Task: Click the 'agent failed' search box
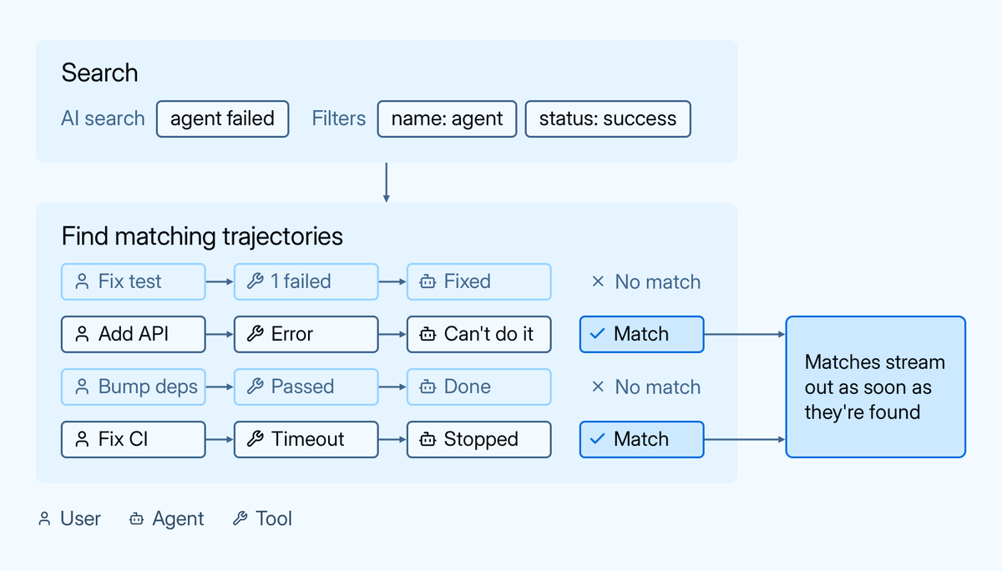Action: [222, 119]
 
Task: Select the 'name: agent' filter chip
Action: [447, 119]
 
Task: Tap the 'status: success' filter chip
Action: [608, 119]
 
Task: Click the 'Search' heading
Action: [99, 73]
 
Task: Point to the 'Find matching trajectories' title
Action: [202, 236]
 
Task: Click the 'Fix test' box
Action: [134, 281]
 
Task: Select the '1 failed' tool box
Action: [306, 281]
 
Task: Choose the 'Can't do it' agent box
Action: [478, 335]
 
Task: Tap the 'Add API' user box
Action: [134, 335]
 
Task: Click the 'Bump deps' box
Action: [134, 387]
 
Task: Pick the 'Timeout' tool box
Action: [306, 440]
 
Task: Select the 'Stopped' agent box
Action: [478, 440]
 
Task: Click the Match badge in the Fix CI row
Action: [641, 440]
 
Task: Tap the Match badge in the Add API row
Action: [641, 335]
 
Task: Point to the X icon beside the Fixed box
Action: [598, 281]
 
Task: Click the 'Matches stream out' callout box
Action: [875, 387]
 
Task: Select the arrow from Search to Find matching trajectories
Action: [387, 183]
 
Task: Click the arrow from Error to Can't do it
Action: [392, 335]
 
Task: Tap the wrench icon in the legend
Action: [240, 518]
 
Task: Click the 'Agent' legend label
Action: [178, 518]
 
